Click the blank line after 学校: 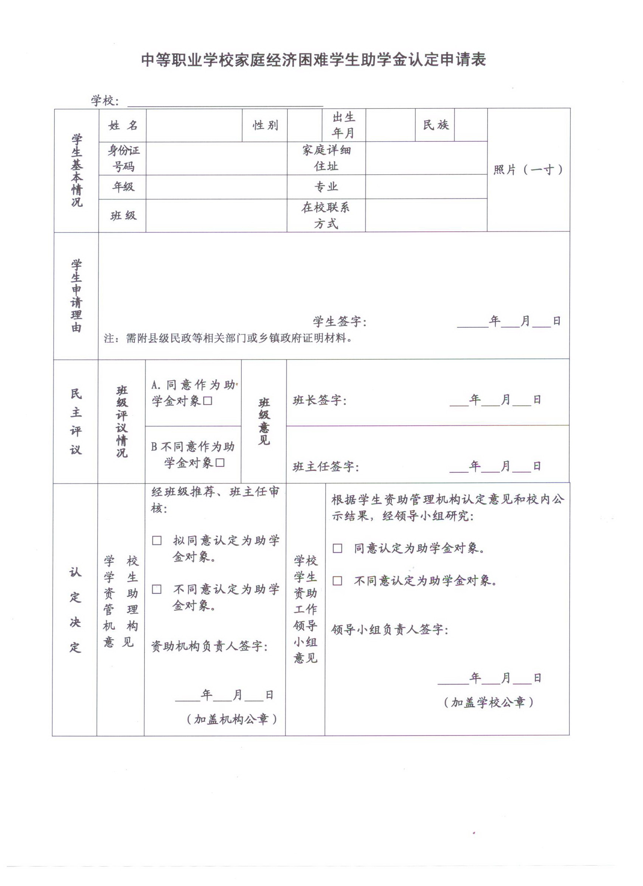pos(225,102)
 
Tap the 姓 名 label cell pos(123,125)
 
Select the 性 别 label pos(265,125)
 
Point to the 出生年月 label pos(343,125)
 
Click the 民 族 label pos(435,125)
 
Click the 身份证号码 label pos(123,159)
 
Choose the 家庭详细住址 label pos(326,158)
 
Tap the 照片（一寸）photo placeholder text pos(528,170)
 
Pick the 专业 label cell pos(326,187)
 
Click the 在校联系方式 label pos(326,215)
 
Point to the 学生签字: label pos(340,322)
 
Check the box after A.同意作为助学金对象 pos(208,401)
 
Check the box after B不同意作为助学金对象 pos(220,463)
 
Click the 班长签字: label pos(319,400)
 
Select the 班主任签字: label pos(326,466)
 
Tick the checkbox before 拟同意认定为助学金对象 pos(157,541)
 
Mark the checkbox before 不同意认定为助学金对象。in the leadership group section pos(337,581)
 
